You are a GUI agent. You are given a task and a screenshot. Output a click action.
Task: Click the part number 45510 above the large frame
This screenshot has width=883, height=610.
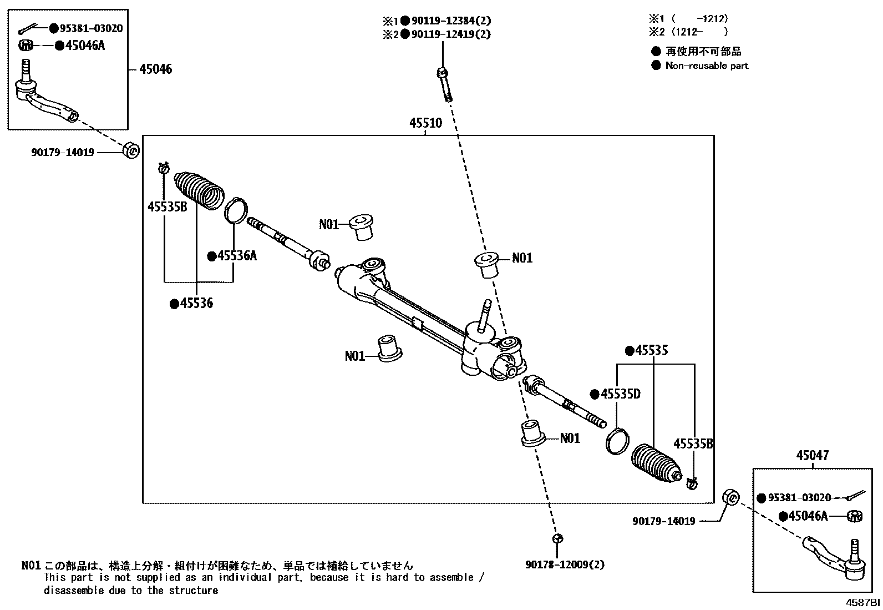425,123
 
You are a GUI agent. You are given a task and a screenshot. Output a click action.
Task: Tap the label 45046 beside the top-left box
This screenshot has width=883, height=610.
155,69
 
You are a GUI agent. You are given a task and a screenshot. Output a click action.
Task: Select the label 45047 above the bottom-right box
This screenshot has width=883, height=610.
813,456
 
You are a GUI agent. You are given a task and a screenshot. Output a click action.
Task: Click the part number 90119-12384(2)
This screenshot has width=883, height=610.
450,21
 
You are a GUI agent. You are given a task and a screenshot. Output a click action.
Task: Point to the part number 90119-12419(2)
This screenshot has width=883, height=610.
450,34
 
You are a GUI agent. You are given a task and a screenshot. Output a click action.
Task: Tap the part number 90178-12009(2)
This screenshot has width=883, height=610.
565,565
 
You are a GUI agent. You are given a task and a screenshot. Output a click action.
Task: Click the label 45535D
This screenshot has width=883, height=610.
620,394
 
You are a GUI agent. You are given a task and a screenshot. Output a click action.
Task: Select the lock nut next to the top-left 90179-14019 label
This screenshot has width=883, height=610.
131,150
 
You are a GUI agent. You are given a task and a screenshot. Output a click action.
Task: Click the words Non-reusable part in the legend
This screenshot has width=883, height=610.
707,65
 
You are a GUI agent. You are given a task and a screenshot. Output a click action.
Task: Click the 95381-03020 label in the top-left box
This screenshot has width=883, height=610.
91,28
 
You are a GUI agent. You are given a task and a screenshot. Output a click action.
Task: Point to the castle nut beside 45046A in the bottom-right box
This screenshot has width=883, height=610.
855,516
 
